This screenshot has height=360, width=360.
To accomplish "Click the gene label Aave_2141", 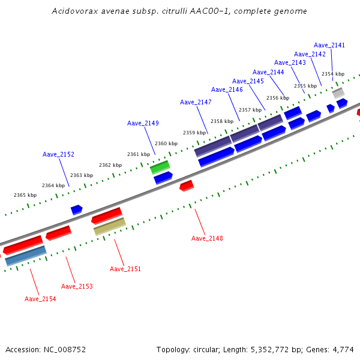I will [329, 45].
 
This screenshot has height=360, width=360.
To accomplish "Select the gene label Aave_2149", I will [143, 123].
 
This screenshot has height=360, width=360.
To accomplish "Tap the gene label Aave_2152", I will [58, 154].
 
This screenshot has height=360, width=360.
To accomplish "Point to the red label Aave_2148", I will [207, 238].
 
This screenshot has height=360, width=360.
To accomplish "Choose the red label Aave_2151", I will [125, 269].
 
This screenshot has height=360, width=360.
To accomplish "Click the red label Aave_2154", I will [40, 299].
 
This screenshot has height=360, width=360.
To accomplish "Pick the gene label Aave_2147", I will [196, 102].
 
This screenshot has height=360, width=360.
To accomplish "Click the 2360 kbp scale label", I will [166, 143].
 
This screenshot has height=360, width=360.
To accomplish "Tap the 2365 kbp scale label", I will [25, 195].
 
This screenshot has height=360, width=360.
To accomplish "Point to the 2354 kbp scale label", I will [333, 74].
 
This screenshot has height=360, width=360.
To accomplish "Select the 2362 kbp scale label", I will [110, 165].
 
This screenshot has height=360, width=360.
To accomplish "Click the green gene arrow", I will [160, 166].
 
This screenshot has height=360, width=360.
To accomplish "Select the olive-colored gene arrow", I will [109, 226].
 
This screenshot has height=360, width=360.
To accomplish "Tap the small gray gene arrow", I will [338, 93].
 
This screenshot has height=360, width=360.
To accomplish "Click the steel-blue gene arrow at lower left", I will [26, 256].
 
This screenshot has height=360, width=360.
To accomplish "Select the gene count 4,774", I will [343, 349].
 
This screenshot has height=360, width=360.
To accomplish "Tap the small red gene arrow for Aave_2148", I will [187, 185].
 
